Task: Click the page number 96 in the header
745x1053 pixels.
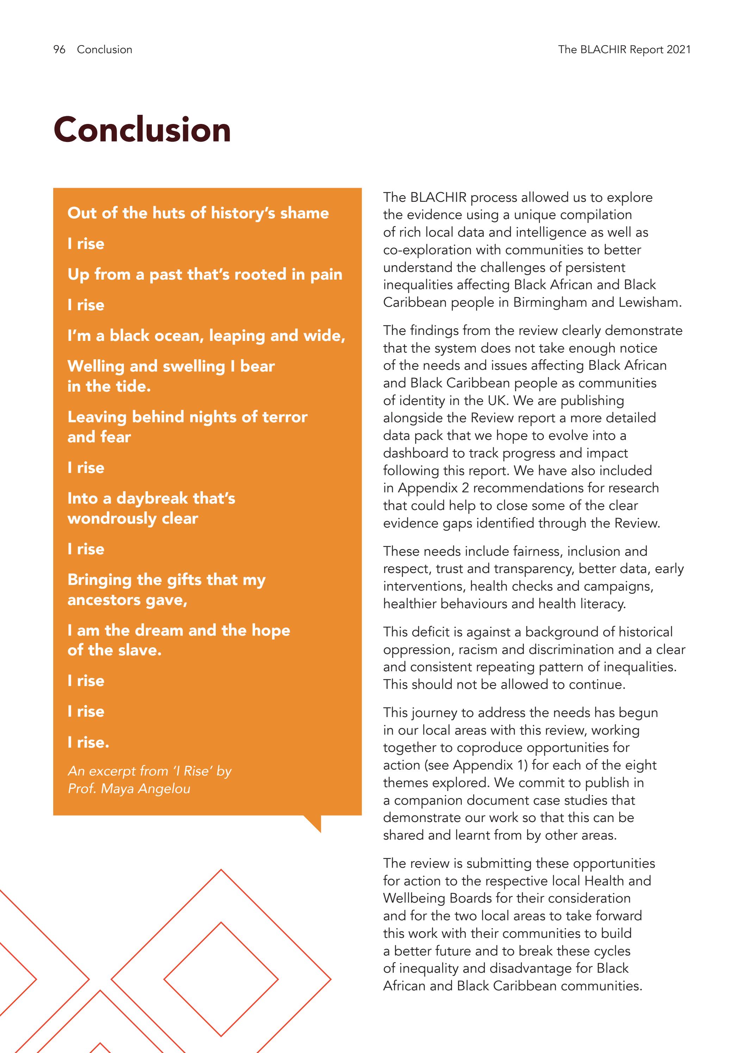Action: click(x=59, y=50)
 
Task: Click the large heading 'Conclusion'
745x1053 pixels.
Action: click(x=142, y=130)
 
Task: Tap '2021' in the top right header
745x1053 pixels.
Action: click(x=678, y=50)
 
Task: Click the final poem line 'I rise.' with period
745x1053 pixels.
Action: click(x=88, y=742)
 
